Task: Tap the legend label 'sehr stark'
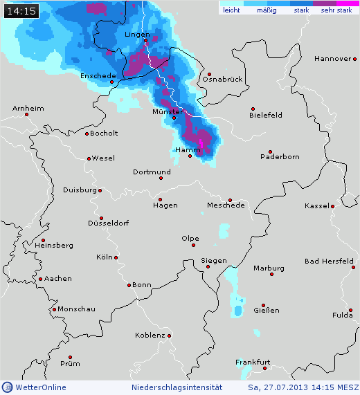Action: (x=336, y=11)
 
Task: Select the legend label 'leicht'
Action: (x=231, y=11)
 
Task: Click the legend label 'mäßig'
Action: (x=266, y=11)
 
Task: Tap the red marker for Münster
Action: (x=174, y=118)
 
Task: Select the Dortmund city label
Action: (x=151, y=172)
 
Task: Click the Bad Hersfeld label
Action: (x=329, y=261)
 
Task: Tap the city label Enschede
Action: (x=98, y=75)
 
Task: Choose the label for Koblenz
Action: (x=150, y=336)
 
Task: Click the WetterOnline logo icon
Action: (x=7, y=387)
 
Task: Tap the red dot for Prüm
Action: (x=70, y=358)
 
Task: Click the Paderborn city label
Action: (x=280, y=157)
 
